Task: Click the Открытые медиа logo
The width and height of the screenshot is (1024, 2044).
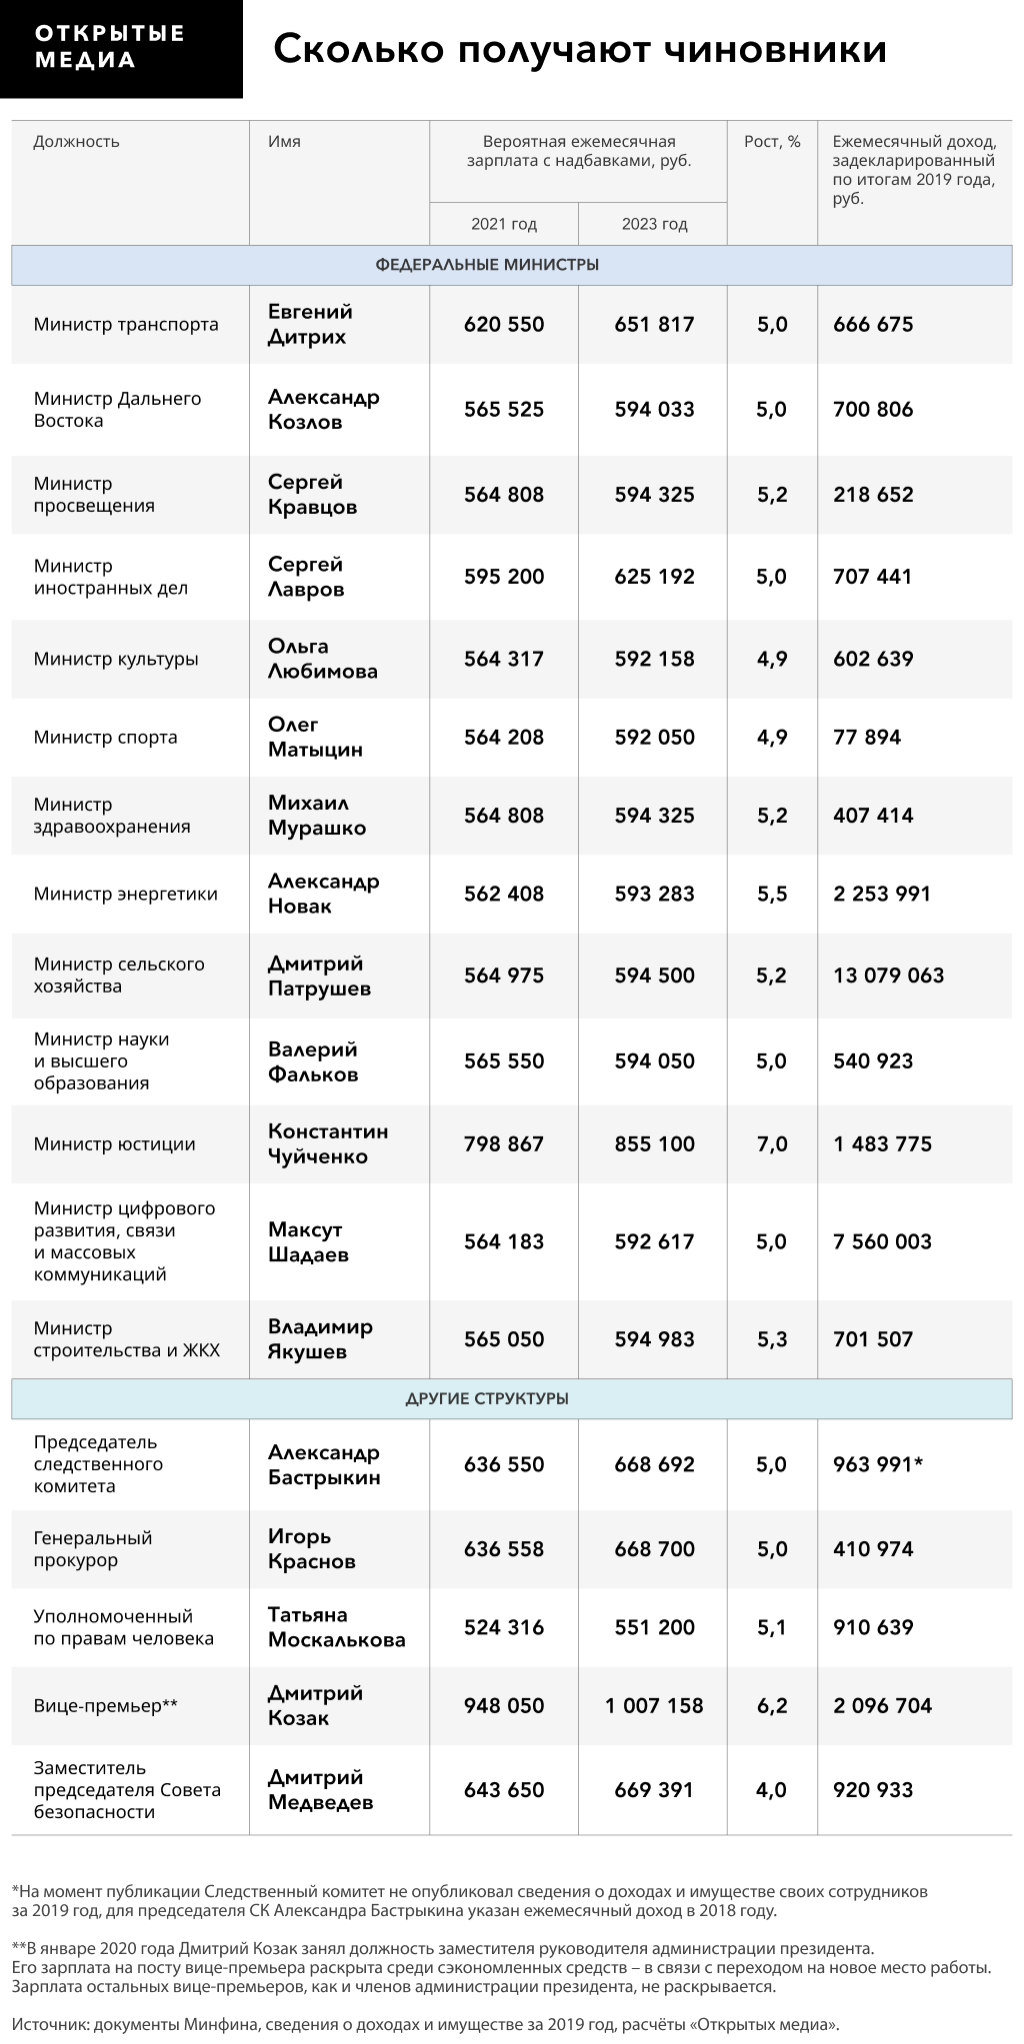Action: coord(121,48)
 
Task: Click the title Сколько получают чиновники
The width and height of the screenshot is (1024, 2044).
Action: coord(580,48)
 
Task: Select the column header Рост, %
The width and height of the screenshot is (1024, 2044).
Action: coord(772,142)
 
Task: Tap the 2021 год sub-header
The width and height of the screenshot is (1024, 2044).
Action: coord(504,224)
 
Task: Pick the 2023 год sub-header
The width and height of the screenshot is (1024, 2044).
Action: coord(654,224)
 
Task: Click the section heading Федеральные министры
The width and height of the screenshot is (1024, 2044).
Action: coord(487,265)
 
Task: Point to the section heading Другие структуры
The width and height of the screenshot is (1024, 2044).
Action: coord(487,1398)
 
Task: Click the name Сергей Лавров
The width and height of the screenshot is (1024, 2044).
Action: coord(306,577)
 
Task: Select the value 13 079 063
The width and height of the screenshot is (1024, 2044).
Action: coord(888,976)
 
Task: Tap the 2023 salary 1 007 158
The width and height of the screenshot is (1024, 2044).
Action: coord(654,1705)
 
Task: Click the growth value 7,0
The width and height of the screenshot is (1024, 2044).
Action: coord(772,1143)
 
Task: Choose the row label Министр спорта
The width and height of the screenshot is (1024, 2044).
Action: coord(105,738)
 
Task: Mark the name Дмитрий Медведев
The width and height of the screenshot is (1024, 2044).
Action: coord(320,1789)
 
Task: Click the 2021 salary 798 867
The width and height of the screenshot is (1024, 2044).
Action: coord(504,1143)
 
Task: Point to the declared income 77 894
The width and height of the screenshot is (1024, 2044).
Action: coord(867,738)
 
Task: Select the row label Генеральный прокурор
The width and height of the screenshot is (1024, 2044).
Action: coord(92,1549)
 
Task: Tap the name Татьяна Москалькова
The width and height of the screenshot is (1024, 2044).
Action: coord(336,1627)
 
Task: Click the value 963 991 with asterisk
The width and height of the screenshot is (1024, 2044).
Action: coord(877,1464)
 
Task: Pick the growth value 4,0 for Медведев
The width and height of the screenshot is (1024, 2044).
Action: coord(772,1789)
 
